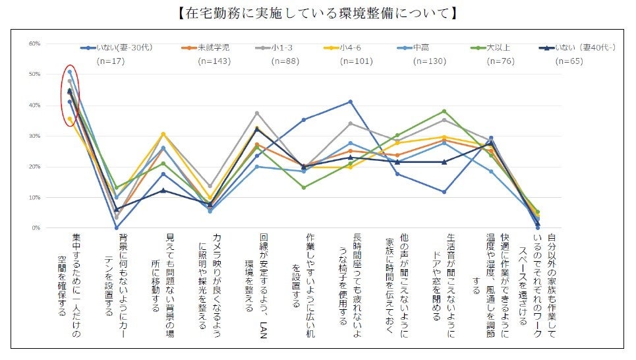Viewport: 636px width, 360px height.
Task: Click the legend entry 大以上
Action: [497, 47]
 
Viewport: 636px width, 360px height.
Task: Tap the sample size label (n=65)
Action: [568, 61]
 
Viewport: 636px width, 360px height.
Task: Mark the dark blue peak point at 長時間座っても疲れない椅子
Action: [351, 102]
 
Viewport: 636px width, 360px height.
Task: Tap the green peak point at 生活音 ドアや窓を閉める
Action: [444, 111]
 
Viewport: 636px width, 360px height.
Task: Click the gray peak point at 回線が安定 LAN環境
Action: [257, 113]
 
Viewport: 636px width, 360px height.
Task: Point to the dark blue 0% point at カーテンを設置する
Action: [117, 228]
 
